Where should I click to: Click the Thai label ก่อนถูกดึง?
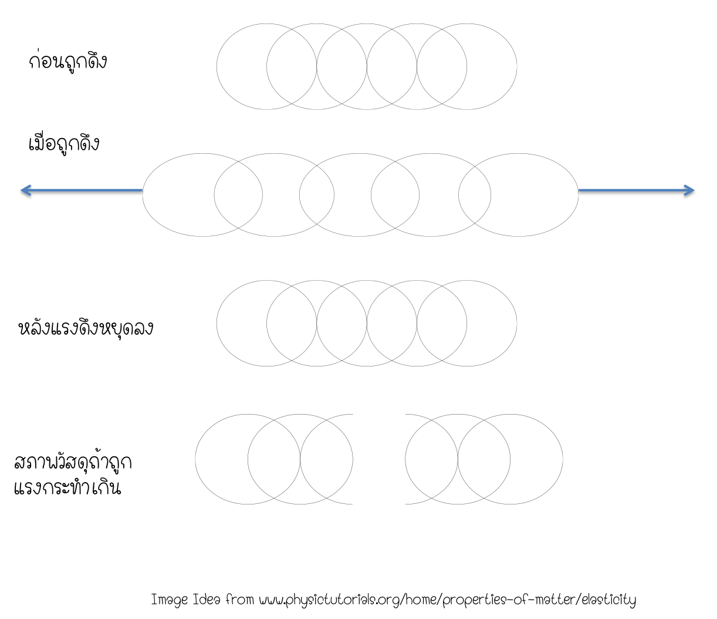pyautogui.click(x=67, y=62)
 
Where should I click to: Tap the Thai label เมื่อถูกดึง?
pyautogui.click(x=64, y=144)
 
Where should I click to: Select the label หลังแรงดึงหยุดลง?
pyautogui.click(x=86, y=328)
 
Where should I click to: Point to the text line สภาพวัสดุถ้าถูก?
pyautogui.click(x=73, y=463)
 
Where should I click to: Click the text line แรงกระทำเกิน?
pyautogui.click(x=67, y=487)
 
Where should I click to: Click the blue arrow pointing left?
pyautogui.click(x=82, y=190)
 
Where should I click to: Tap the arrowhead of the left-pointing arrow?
pyautogui.click(x=25, y=190)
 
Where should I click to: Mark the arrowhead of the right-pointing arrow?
pyautogui.click(x=689, y=190)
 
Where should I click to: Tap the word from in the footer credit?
pyautogui.click(x=240, y=600)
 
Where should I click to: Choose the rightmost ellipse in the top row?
pyautogui.click(x=493, y=66)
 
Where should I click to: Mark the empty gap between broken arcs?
pyautogui.click(x=379, y=459)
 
